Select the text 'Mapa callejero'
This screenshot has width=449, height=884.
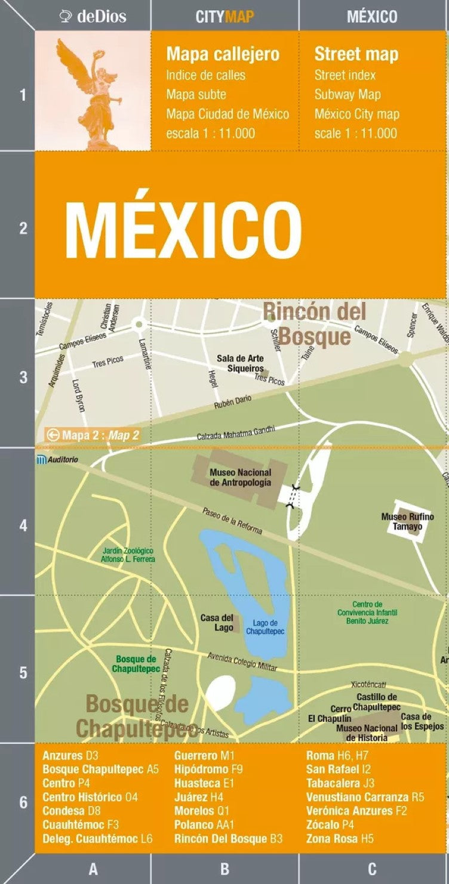tap(223, 54)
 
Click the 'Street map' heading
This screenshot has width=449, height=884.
tap(356, 54)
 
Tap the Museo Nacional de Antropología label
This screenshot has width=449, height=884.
tap(240, 477)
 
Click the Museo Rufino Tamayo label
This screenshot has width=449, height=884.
tap(408, 521)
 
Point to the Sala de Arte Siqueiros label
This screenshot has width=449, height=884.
tap(241, 363)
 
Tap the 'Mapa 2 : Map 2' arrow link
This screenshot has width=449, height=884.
tap(93, 435)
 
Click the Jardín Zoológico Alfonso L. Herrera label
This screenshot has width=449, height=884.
tap(128, 555)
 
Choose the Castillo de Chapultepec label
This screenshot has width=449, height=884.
tap(377, 701)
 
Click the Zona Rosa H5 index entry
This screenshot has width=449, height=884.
tap(340, 839)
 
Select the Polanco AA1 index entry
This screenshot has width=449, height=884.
tap(204, 825)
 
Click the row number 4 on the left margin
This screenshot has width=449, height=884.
tap(23, 526)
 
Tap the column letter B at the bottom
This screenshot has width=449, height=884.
tap(224, 869)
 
